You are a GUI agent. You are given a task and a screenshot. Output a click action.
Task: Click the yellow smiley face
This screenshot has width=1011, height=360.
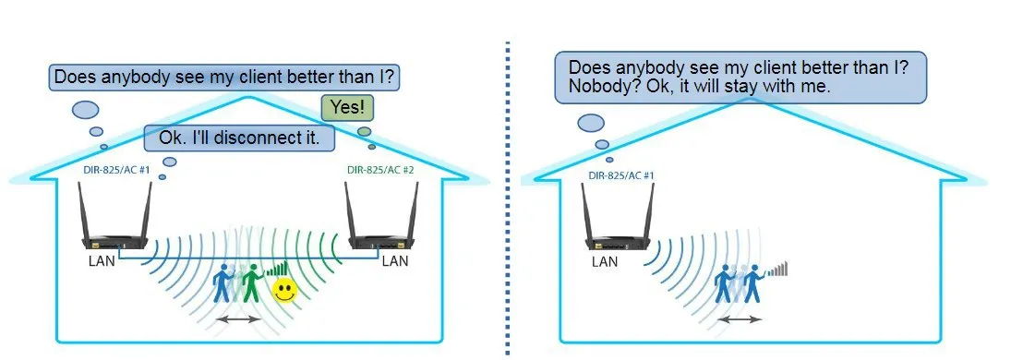pos(284,291)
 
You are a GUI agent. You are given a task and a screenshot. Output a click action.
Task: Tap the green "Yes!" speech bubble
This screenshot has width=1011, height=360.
pos(347,107)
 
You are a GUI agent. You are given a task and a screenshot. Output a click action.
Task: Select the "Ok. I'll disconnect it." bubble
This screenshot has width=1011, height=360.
pos(240,138)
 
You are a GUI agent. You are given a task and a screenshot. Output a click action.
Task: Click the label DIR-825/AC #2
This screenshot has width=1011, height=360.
pos(379,171)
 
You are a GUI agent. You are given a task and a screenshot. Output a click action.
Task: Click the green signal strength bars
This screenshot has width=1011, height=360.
pos(274,269)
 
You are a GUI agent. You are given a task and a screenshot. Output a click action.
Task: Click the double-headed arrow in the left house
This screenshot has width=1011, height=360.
pos(238,318)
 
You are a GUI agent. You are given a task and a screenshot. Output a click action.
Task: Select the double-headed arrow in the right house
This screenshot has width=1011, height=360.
pos(740,318)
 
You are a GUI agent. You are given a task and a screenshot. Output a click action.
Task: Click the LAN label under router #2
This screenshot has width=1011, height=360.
pos(395,261)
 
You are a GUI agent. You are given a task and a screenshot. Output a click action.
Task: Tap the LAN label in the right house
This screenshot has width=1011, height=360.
pos(604,261)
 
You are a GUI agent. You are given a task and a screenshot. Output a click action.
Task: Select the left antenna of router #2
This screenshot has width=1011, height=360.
pos(352,210)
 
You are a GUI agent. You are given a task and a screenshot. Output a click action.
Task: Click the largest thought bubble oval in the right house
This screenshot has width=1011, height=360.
pos(591,123)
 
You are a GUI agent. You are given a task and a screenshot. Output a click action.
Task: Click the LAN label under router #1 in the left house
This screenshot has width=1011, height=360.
pos(102,261)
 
